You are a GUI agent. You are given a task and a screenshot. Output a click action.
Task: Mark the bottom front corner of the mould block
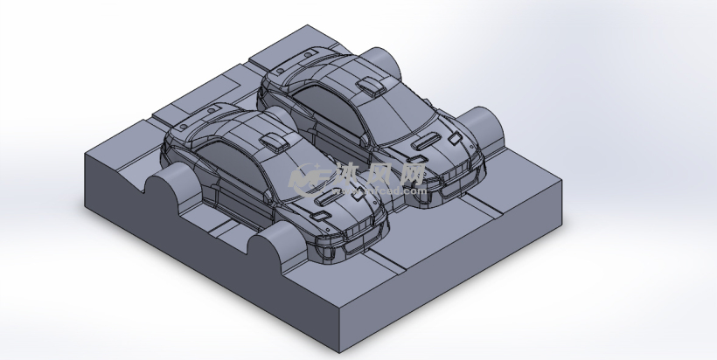point(337,351)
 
